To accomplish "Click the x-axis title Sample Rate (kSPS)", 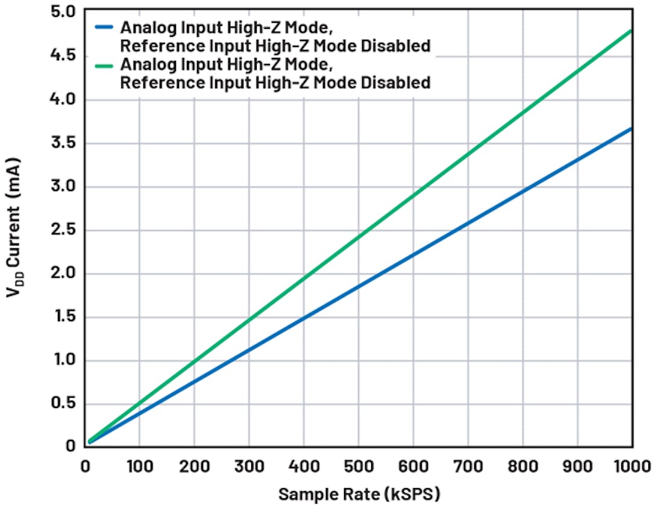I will point(359,495).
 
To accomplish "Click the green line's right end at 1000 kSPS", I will point(631,30).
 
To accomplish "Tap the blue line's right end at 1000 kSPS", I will point(631,128).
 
